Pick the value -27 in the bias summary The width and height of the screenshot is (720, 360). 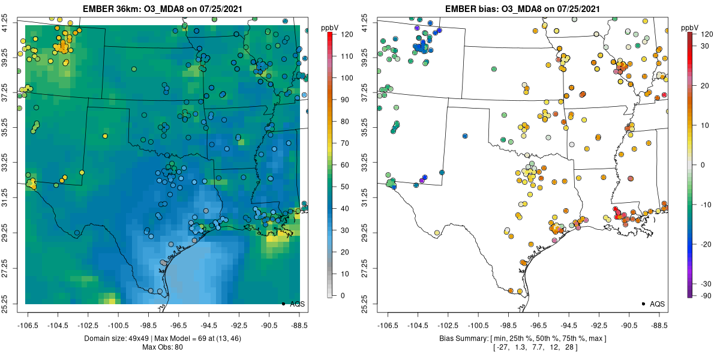pos(502,347)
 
